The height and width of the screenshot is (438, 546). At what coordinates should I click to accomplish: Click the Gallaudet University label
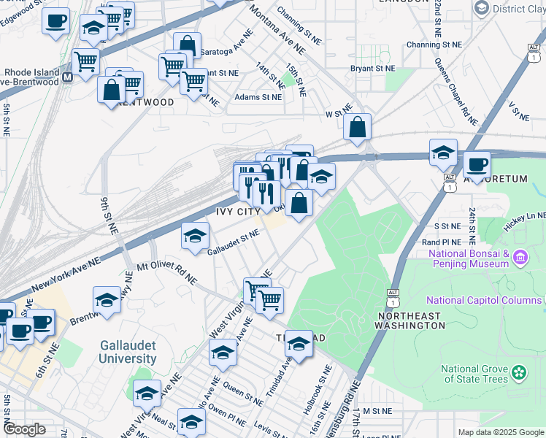(128, 351)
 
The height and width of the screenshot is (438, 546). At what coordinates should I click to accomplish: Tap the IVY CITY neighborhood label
(238, 211)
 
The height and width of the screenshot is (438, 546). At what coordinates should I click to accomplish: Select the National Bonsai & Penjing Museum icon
(520, 258)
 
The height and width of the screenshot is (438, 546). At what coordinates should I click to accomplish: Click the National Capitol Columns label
(482, 300)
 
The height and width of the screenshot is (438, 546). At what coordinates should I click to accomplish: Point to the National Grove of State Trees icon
(519, 372)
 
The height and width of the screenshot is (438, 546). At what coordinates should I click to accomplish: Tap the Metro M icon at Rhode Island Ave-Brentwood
(66, 77)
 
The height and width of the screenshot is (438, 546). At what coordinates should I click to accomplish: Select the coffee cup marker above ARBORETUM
(477, 165)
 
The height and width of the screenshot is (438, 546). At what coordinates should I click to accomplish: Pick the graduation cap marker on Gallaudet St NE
(196, 235)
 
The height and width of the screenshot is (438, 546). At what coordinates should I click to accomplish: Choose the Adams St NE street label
(258, 97)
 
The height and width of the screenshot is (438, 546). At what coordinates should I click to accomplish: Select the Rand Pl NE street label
(442, 242)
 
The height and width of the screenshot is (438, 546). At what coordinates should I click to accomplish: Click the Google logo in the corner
(24, 429)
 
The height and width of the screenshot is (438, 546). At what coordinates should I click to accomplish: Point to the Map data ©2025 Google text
(500, 432)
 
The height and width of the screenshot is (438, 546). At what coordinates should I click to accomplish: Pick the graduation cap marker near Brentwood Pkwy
(107, 300)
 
